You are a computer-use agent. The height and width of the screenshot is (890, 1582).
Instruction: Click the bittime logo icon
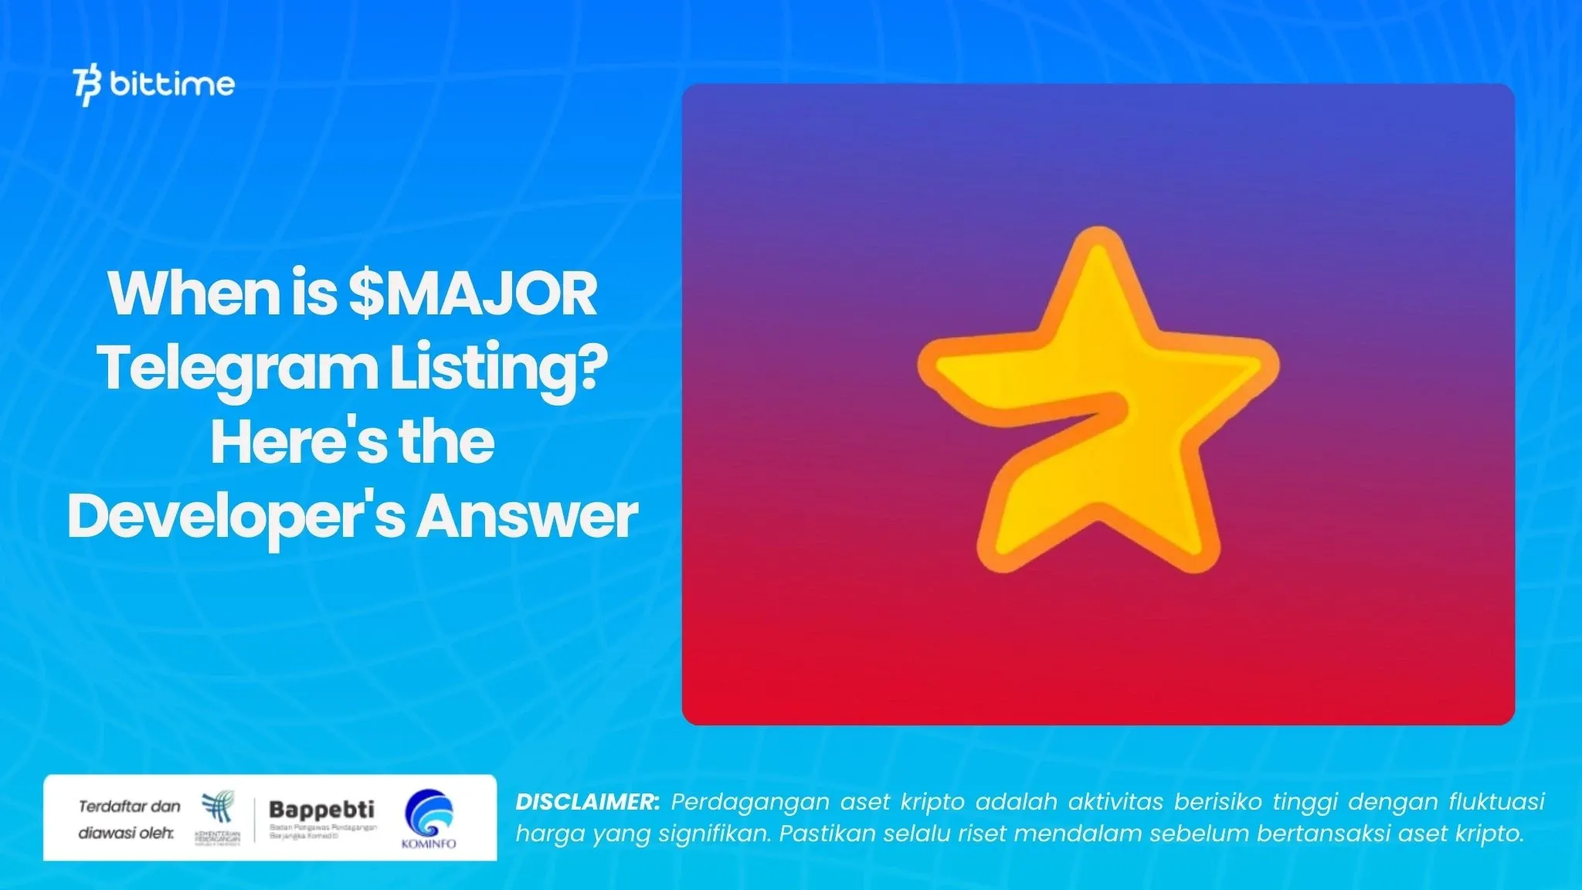click(87, 86)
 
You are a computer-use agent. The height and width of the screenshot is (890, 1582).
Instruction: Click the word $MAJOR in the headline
click(473, 294)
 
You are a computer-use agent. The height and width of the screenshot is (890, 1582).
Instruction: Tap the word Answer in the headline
click(528, 516)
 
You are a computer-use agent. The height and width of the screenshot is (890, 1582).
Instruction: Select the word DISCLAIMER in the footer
click(586, 802)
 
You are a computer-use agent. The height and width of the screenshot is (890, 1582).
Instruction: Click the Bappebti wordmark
click(321, 810)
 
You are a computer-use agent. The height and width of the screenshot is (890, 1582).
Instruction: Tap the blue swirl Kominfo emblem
click(429, 812)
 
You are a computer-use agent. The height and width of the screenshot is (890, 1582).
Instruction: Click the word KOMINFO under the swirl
click(429, 844)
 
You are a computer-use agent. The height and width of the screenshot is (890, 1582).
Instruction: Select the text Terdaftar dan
click(129, 807)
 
